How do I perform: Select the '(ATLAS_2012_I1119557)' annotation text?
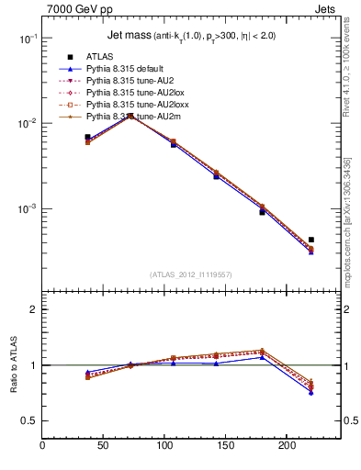click(x=191, y=274)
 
